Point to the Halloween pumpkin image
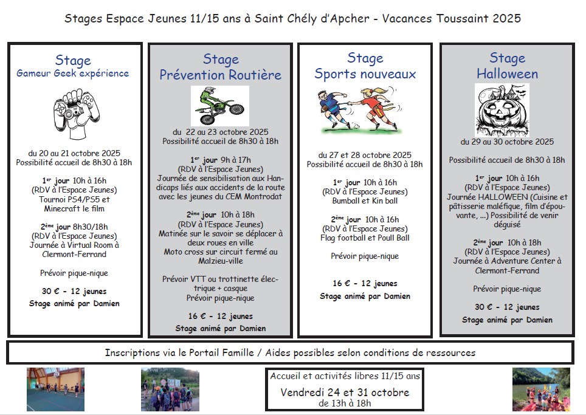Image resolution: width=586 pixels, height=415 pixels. pos(502,110)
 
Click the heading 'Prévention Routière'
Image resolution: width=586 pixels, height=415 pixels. pos(221,75)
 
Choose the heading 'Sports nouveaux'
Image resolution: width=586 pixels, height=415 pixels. pos(365,74)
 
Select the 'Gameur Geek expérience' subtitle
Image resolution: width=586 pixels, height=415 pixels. pos(73,74)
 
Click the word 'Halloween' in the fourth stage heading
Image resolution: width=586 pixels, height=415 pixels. pos(507,74)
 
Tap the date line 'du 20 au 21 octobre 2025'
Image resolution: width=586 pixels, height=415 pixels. pos(74,153)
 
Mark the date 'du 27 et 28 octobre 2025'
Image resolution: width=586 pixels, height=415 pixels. pos(365,155)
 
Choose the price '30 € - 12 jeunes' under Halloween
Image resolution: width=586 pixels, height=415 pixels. pos(507,307)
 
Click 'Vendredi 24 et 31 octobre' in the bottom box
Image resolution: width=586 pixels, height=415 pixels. pos(345,392)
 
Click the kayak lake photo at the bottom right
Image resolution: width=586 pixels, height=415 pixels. pos(540,389)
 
